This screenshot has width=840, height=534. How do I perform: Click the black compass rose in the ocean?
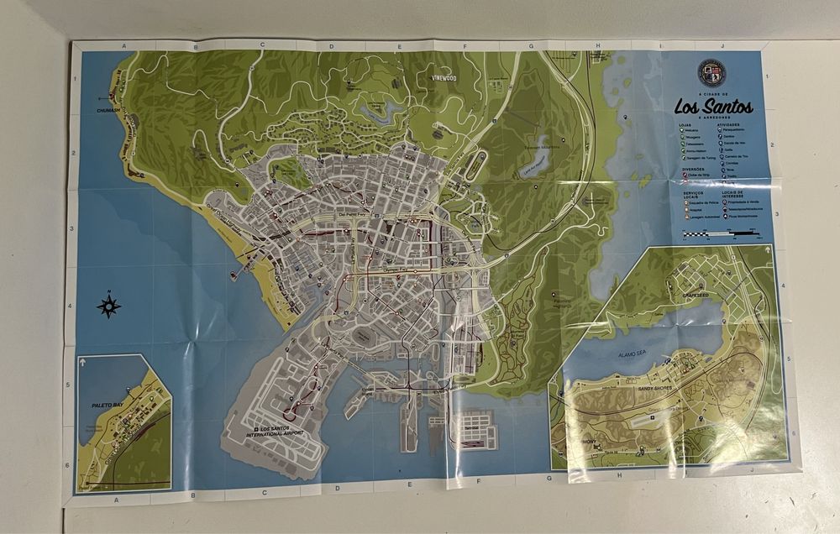(x=108, y=306)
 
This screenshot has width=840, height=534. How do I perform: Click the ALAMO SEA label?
(x=638, y=354)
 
